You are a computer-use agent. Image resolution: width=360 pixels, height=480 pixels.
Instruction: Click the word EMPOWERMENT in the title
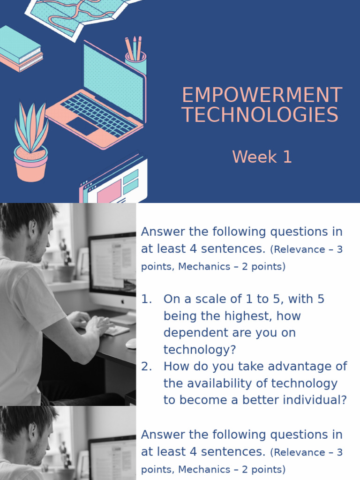262,96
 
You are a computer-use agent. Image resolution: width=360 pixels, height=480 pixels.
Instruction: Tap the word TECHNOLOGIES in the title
260,115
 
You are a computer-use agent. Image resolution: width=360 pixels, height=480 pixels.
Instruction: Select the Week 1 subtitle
262,157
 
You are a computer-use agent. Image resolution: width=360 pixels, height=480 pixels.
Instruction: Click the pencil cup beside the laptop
135,61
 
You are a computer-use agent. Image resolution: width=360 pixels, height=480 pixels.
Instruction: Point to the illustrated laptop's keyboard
98,114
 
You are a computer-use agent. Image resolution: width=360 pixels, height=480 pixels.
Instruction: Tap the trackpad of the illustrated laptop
82,126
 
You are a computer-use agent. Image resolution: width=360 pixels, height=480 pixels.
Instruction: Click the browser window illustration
115,183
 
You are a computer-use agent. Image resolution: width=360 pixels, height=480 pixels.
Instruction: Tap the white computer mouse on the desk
131,343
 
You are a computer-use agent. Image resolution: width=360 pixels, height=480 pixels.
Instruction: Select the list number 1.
146,299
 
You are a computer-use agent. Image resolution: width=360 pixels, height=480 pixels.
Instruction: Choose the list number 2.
146,367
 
